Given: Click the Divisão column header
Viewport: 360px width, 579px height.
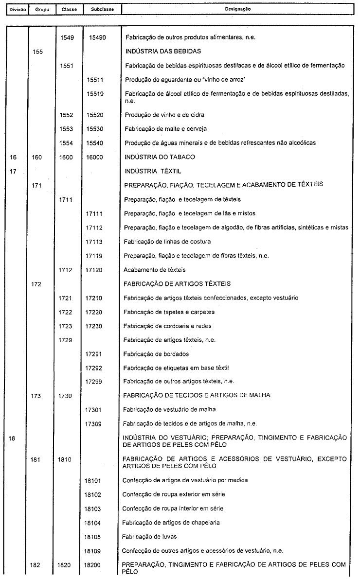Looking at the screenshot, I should pyautogui.click(x=14, y=9).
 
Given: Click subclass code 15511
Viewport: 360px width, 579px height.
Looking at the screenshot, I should pyautogui.click(x=95, y=79).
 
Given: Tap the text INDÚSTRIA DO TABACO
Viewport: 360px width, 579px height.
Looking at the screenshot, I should pyautogui.click(x=160, y=157).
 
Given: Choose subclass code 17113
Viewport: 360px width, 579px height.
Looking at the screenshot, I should pyautogui.click(x=95, y=242).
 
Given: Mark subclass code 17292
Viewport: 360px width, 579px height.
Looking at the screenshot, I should pyautogui.click(x=95, y=368).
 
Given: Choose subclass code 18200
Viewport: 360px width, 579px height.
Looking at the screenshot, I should pyautogui.click(x=95, y=565).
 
